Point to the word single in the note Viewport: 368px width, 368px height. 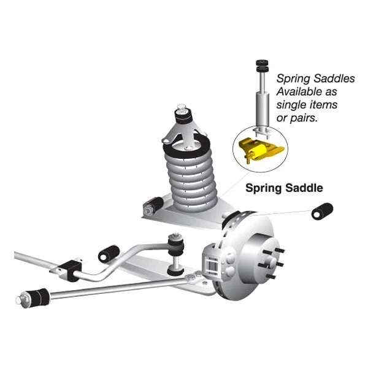tap(291, 105)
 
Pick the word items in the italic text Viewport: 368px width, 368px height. tap(327, 105)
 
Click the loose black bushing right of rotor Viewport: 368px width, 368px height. tap(321, 212)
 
